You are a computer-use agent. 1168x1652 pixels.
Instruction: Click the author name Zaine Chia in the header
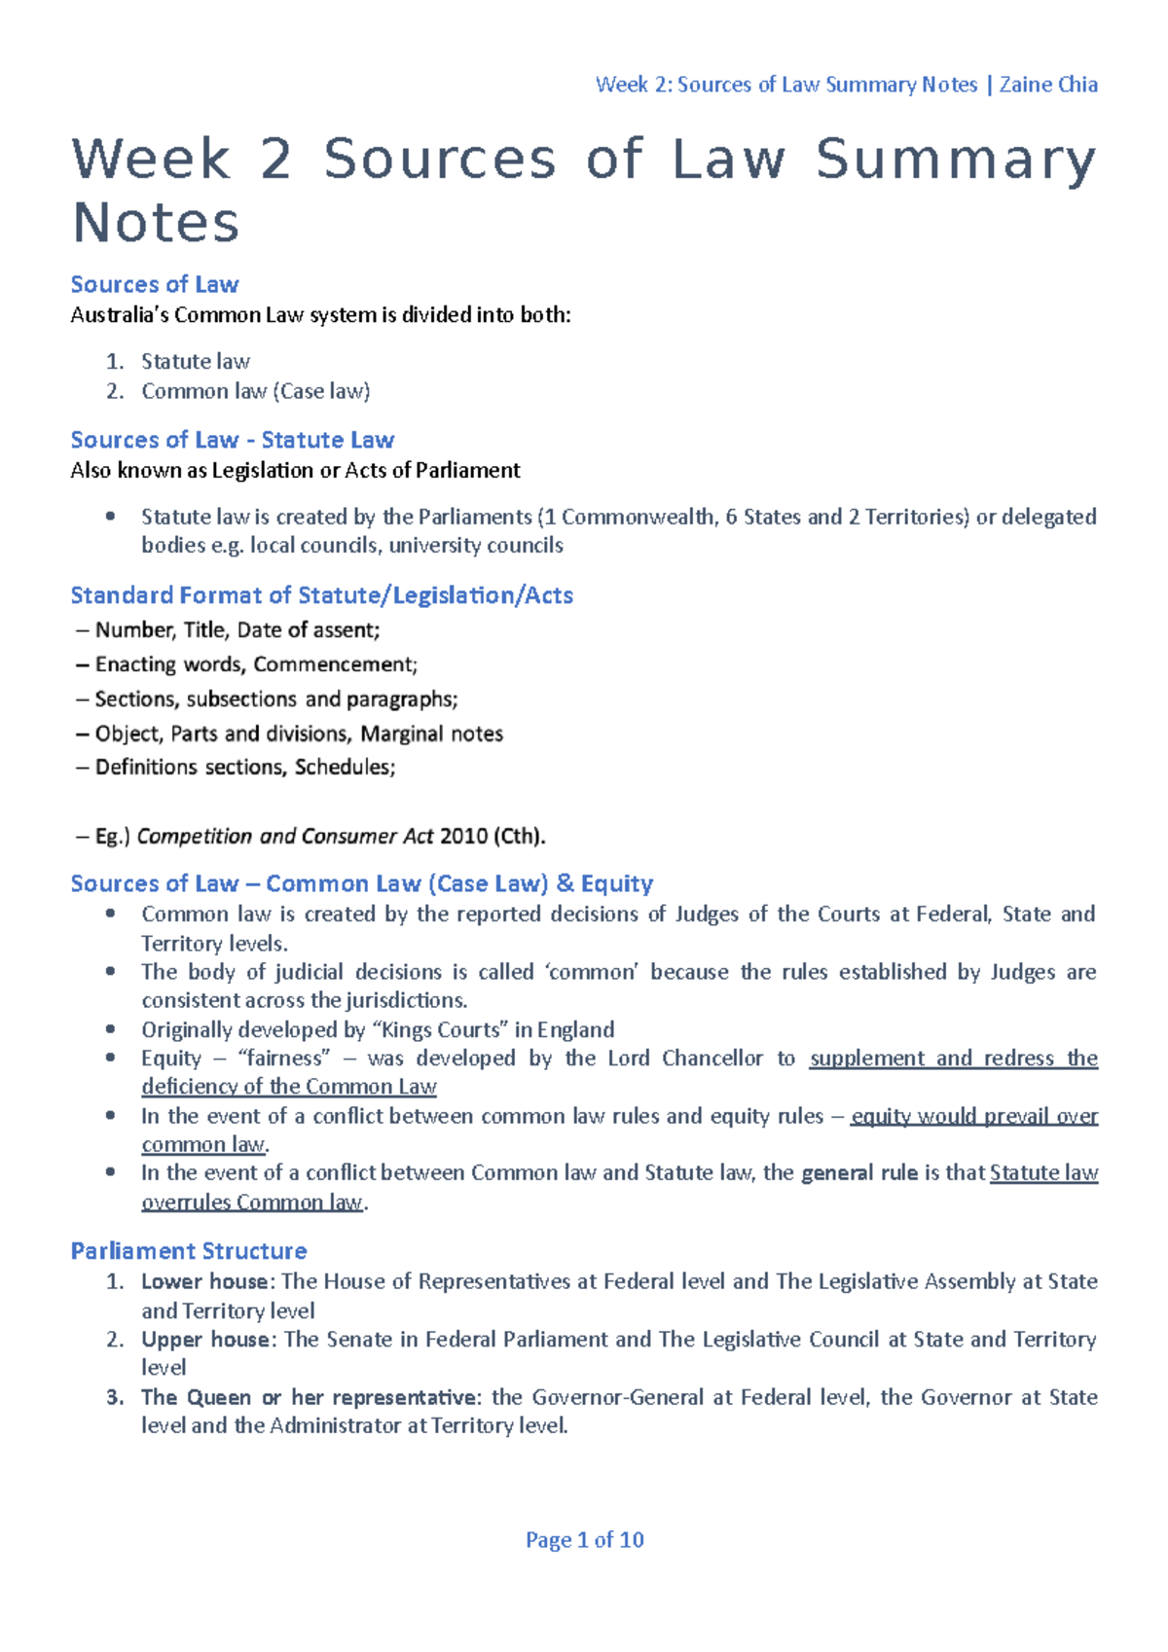point(1048,85)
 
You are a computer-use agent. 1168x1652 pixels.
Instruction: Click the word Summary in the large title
point(955,160)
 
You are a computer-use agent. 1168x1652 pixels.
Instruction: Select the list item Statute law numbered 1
point(195,361)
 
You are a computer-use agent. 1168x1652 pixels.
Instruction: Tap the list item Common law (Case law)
point(255,391)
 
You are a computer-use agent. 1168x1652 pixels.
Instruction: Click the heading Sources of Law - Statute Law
point(232,440)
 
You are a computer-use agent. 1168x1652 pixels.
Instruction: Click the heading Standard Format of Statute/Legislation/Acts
point(321,595)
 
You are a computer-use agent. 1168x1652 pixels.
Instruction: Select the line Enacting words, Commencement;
point(256,664)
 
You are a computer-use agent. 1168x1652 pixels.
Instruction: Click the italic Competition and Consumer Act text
point(285,836)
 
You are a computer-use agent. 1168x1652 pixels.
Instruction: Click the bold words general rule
point(859,1172)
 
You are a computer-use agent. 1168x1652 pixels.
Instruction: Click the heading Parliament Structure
point(188,1251)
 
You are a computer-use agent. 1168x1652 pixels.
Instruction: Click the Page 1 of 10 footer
point(584,1540)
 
